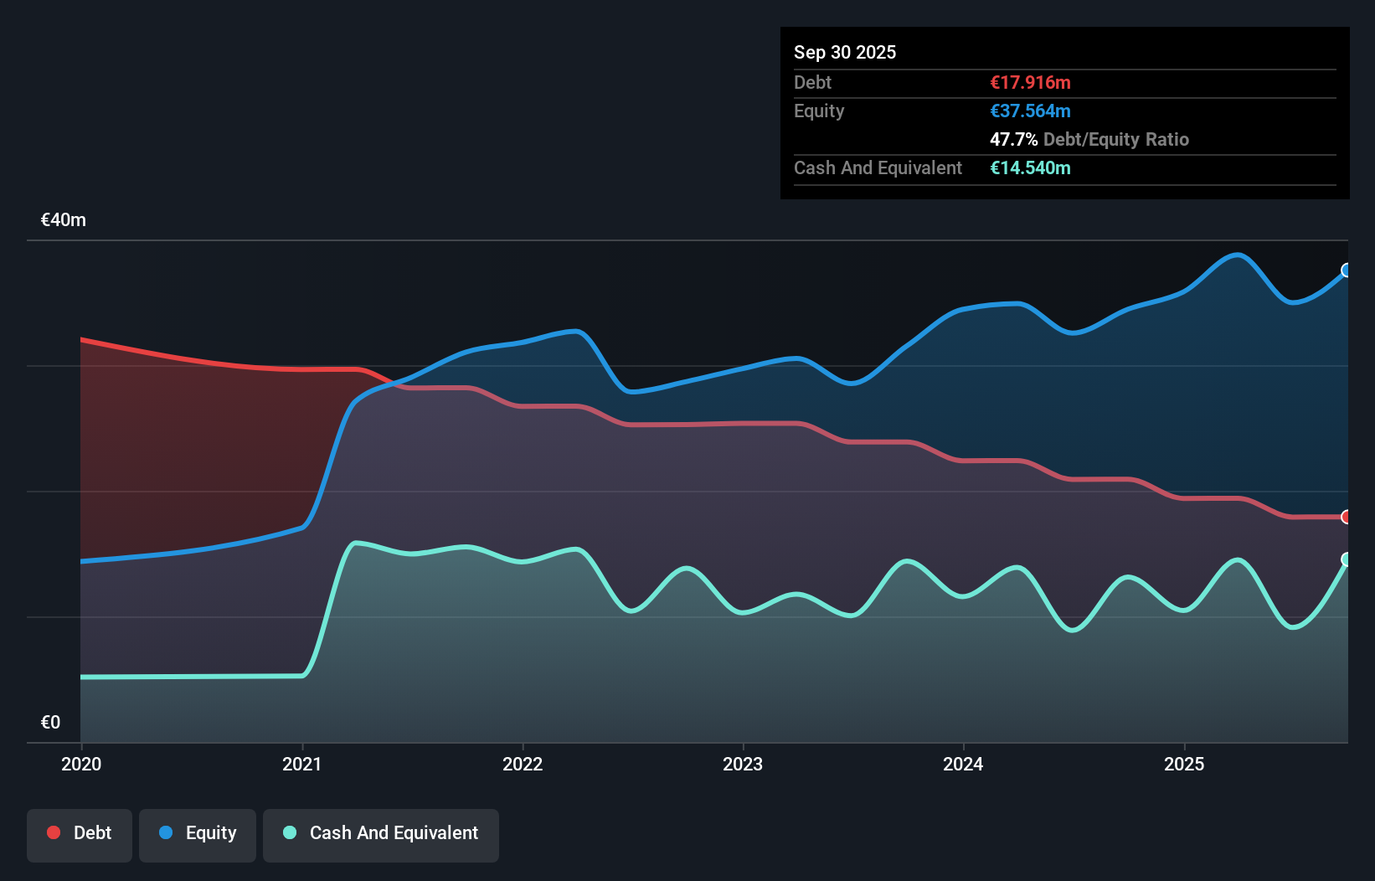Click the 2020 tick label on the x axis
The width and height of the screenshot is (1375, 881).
pos(81,764)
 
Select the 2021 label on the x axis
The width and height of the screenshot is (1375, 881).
pos(301,764)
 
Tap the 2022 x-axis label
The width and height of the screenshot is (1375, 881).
pos(523,764)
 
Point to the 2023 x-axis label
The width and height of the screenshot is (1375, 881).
pos(743,764)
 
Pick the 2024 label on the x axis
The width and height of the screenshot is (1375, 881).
pos(963,764)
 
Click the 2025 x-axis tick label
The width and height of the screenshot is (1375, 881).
pos(1184,764)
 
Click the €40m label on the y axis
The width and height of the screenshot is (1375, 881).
pos(64,220)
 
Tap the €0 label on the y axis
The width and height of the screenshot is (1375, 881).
pos(50,722)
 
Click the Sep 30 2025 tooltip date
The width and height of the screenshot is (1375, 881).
pos(844,52)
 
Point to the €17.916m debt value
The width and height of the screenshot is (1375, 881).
pos(1030,82)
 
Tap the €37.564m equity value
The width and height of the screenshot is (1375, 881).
pos(1030,111)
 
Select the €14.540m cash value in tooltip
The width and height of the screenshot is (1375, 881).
pos(1030,167)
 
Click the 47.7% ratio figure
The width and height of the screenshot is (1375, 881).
pos(1013,139)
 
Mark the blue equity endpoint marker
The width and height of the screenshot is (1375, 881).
pos(1347,270)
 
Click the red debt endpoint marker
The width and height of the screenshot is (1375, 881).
pos(1347,517)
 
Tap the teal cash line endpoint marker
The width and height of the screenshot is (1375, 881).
pos(1347,559)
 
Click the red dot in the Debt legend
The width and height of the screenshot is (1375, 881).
pos(54,832)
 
